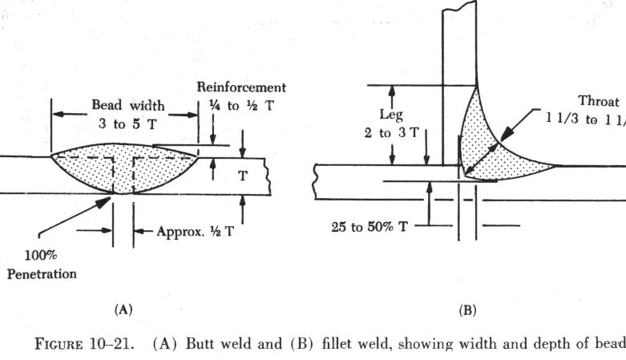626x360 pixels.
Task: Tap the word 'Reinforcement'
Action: pos(242,87)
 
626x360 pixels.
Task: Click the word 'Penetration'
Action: pos(41,274)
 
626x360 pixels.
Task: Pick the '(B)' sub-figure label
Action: pos(466,309)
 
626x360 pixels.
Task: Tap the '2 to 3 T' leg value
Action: pos(391,132)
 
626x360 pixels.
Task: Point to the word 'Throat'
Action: pos(598,102)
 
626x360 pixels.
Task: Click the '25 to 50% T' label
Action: pos(368,227)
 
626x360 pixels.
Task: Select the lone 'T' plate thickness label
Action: pos(242,176)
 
